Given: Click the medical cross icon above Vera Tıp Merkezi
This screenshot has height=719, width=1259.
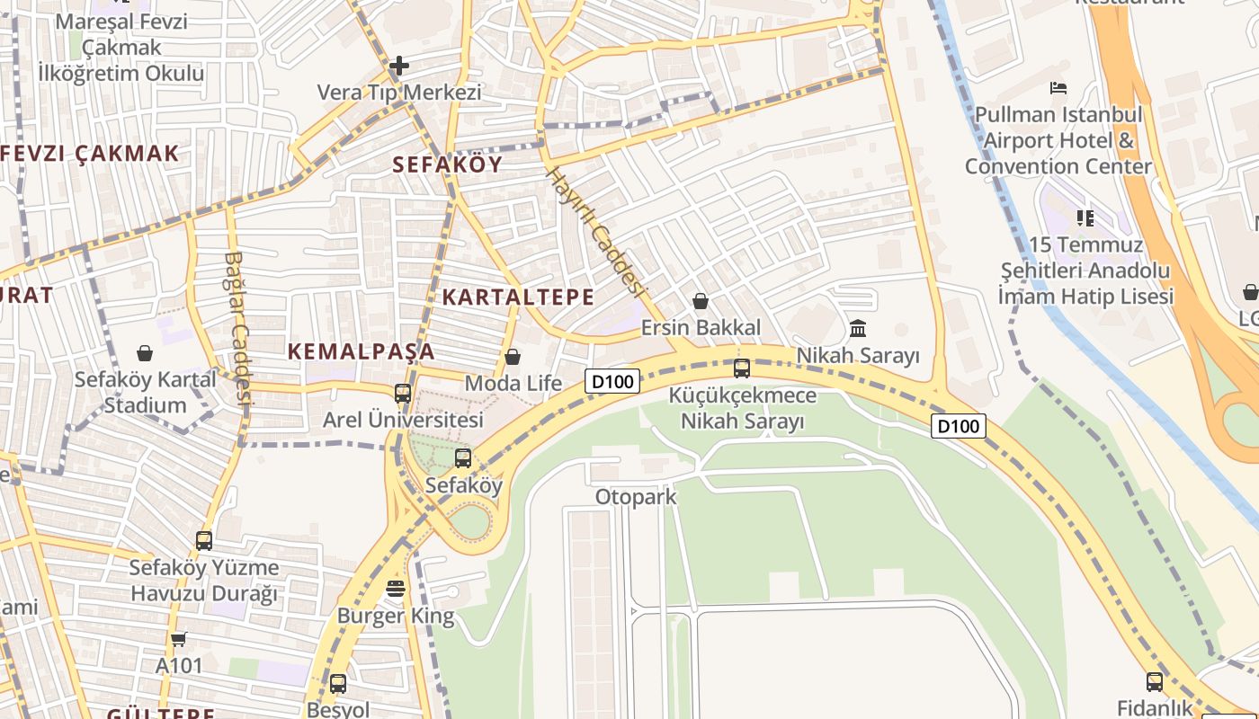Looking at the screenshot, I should [399, 66].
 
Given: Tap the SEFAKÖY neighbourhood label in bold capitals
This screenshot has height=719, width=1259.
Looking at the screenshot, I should [447, 164].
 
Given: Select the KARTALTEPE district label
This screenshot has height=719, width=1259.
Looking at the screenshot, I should [518, 297].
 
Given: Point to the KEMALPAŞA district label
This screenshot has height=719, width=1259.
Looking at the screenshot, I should [362, 351].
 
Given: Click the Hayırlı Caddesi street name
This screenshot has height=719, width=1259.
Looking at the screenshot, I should [596, 232].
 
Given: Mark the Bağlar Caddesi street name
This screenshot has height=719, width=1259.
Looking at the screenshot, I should [237, 327].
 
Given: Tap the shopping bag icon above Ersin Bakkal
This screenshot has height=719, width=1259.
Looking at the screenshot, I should [700, 301].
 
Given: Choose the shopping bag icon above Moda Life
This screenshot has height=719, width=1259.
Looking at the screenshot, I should [513, 357].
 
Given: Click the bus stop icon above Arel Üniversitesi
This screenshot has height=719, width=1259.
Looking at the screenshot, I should [403, 393].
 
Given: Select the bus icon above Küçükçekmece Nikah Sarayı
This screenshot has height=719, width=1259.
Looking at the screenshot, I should [742, 368].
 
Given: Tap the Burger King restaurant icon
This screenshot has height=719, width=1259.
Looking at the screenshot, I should [396, 589].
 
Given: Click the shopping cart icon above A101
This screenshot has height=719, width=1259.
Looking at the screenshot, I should [178, 639].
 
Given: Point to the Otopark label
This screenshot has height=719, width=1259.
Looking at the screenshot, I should [636, 497].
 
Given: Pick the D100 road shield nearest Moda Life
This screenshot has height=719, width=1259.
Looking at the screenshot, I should [612, 381].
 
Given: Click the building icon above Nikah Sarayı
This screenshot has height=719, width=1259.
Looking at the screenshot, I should [858, 328].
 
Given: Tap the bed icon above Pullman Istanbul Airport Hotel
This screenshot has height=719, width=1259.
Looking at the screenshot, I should [1058, 88].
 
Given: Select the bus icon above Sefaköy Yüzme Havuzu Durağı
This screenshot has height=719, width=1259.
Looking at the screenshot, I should [204, 540].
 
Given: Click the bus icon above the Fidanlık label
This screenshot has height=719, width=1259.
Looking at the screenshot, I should [1155, 680].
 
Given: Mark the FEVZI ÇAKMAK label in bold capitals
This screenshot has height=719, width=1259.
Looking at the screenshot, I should [90, 153].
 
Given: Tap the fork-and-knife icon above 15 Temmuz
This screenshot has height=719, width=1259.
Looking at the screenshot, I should [1085, 217].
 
